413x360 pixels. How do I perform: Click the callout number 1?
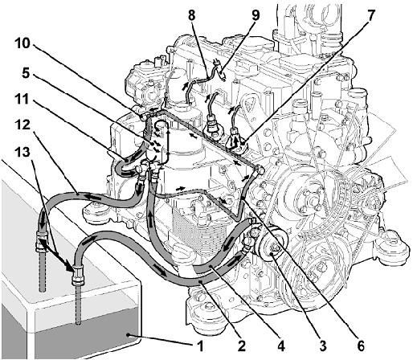pos(200,346)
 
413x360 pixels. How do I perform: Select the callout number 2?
pos(241,346)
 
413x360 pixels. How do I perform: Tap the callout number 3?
pos(323,346)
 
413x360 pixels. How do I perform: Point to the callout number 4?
pos(280,346)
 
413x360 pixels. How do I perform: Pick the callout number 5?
pos(26,72)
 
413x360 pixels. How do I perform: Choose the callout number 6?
pos(361,346)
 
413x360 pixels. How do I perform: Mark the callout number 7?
pos(370,16)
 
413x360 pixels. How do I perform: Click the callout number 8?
pos(191,15)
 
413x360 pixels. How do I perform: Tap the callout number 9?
pos(256,15)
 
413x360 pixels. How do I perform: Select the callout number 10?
pos(22,43)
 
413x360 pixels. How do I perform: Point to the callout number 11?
pos(22,100)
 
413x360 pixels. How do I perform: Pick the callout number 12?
pos(22,125)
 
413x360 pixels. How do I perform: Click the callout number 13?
pos(22,152)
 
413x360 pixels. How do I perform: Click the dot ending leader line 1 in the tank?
pos(129,334)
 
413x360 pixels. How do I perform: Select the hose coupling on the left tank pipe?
pos(41,241)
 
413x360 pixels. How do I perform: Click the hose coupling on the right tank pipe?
pos(78,275)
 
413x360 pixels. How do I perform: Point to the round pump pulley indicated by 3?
pos(270,245)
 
